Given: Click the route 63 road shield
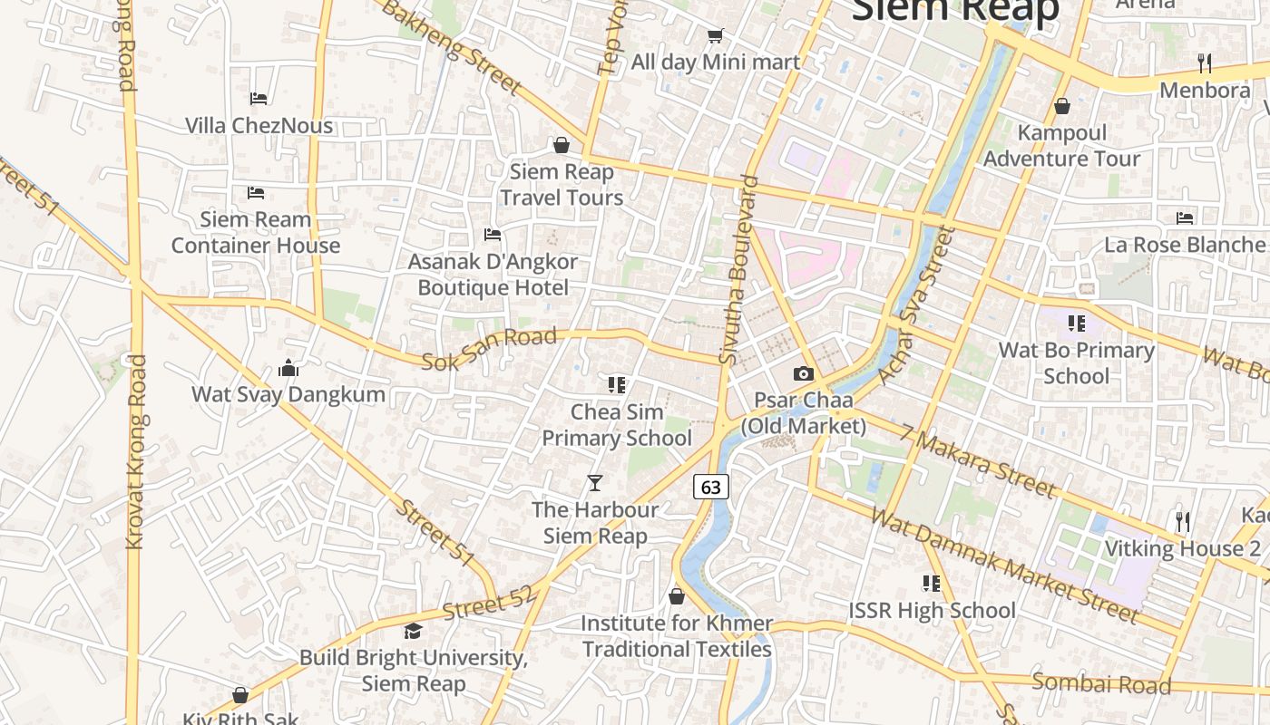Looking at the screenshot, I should (711, 487).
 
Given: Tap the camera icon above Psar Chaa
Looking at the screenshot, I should (803, 373).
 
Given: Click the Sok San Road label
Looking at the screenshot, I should (489, 349).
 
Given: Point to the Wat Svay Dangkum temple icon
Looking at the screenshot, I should (288, 368).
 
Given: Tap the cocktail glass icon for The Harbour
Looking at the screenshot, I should (595, 483).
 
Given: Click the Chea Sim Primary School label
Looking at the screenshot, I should (617, 425).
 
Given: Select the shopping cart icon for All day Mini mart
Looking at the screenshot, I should (716, 35).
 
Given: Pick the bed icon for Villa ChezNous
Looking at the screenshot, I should (259, 98).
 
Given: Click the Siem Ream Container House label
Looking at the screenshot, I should (256, 233).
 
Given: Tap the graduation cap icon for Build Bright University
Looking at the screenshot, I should (414, 631).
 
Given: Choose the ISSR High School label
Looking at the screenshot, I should (932, 611).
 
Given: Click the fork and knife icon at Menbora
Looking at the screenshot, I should (1205, 63).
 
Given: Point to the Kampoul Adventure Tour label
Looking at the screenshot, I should (1062, 146).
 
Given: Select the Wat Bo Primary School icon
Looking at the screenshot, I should (1077, 324).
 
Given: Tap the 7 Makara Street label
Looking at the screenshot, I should (978, 461).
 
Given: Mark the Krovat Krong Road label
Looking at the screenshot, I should (136, 451).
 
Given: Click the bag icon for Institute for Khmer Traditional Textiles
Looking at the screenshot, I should (677, 596).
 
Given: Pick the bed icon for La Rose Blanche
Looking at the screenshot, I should (1185, 217).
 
